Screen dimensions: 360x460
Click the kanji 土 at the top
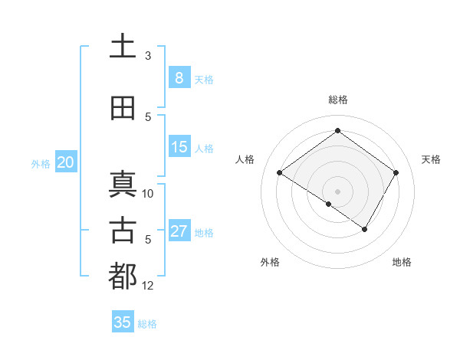click(123, 46)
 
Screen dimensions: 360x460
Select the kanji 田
click(123, 108)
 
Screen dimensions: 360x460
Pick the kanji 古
click(123, 231)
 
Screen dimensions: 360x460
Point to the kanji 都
click(123, 277)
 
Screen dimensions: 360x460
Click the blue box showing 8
click(179, 78)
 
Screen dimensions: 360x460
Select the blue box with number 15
click(179, 147)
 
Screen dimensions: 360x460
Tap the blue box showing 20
click(66, 162)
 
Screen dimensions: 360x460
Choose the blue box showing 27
click(179, 231)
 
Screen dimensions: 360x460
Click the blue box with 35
click(123, 322)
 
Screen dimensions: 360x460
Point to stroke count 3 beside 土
click(148, 56)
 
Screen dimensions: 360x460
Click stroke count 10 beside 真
click(148, 193)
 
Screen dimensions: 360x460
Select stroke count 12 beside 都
click(148, 286)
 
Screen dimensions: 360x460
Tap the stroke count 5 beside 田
click(148, 117)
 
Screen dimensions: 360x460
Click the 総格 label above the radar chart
click(337, 100)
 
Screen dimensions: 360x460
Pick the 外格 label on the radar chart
click(270, 262)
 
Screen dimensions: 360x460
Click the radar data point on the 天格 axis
click(396, 172)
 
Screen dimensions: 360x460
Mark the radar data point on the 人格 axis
click(280, 172)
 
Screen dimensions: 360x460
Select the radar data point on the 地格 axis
click(365, 229)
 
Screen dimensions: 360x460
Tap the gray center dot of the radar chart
click(337, 191)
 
